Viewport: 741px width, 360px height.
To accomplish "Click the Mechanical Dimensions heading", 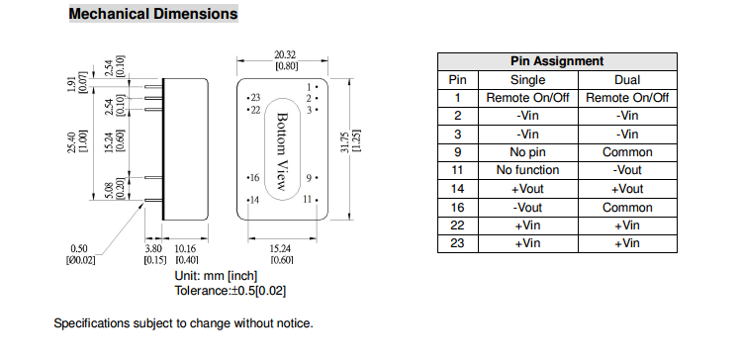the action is (x=153, y=14).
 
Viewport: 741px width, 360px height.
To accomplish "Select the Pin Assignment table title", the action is (x=557, y=61).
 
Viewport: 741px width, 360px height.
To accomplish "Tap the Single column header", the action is (x=528, y=80).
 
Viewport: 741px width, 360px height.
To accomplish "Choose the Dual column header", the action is (x=627, y=80).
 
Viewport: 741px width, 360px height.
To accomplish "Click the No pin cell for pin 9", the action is (x=528, y=152).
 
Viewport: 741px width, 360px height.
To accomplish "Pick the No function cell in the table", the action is (x=528, y=170).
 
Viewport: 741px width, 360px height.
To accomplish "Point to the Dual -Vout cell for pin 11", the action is (x=627, y=170).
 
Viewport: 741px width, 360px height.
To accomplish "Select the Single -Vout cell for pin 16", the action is (x=528, y=208).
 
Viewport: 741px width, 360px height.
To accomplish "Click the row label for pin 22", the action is (x=457, y=225).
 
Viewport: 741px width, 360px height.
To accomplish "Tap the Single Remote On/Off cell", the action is (x=528, y=98).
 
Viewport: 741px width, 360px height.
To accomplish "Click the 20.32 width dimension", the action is (x=286, y=55).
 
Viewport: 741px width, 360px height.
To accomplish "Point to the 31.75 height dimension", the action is (x=345, y=141).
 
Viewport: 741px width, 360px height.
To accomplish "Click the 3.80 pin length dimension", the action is (x=152, y=248).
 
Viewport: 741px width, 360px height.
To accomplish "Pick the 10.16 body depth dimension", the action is (x=185, y=248).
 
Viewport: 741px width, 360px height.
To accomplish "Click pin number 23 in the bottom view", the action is (x=255, y=98).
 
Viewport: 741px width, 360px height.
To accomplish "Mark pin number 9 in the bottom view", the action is (x=309, y=178).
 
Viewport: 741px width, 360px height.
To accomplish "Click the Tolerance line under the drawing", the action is (x=231, y=291).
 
